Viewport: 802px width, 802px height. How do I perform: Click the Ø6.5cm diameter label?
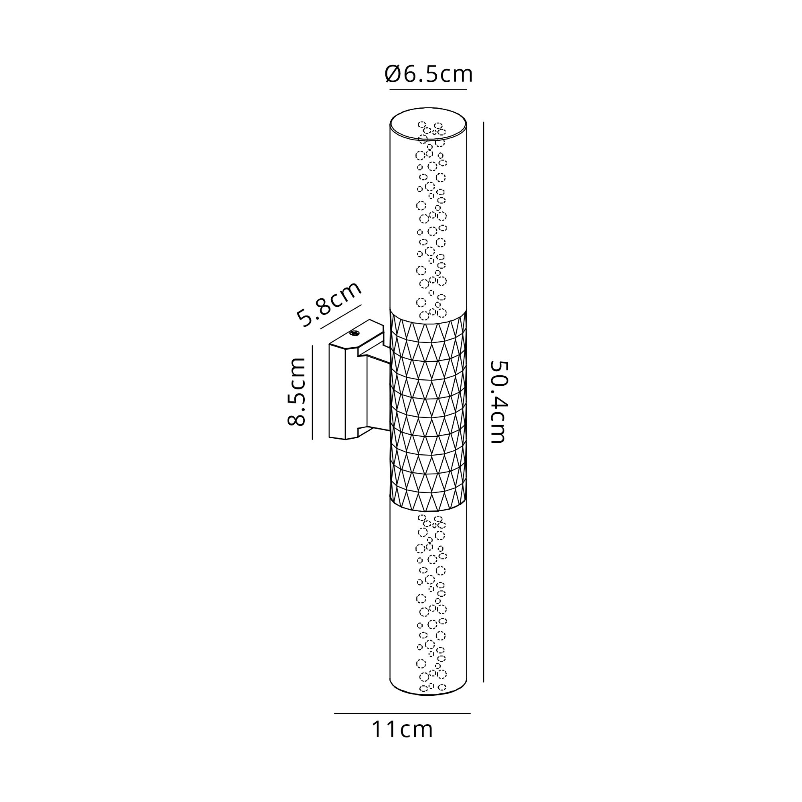coord(429,75)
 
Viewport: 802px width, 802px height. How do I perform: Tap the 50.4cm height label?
coord(498,402)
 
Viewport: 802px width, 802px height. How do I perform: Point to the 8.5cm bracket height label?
coord(296,391)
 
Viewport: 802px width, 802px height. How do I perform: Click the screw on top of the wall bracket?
coord(354,333)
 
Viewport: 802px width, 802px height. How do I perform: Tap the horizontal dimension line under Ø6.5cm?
coord(428,89)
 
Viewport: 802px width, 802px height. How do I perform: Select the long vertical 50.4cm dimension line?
coord(484,402)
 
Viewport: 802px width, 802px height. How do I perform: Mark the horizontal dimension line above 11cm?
coord(402,714)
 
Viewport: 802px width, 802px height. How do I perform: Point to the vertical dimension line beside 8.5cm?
coord(312,392)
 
